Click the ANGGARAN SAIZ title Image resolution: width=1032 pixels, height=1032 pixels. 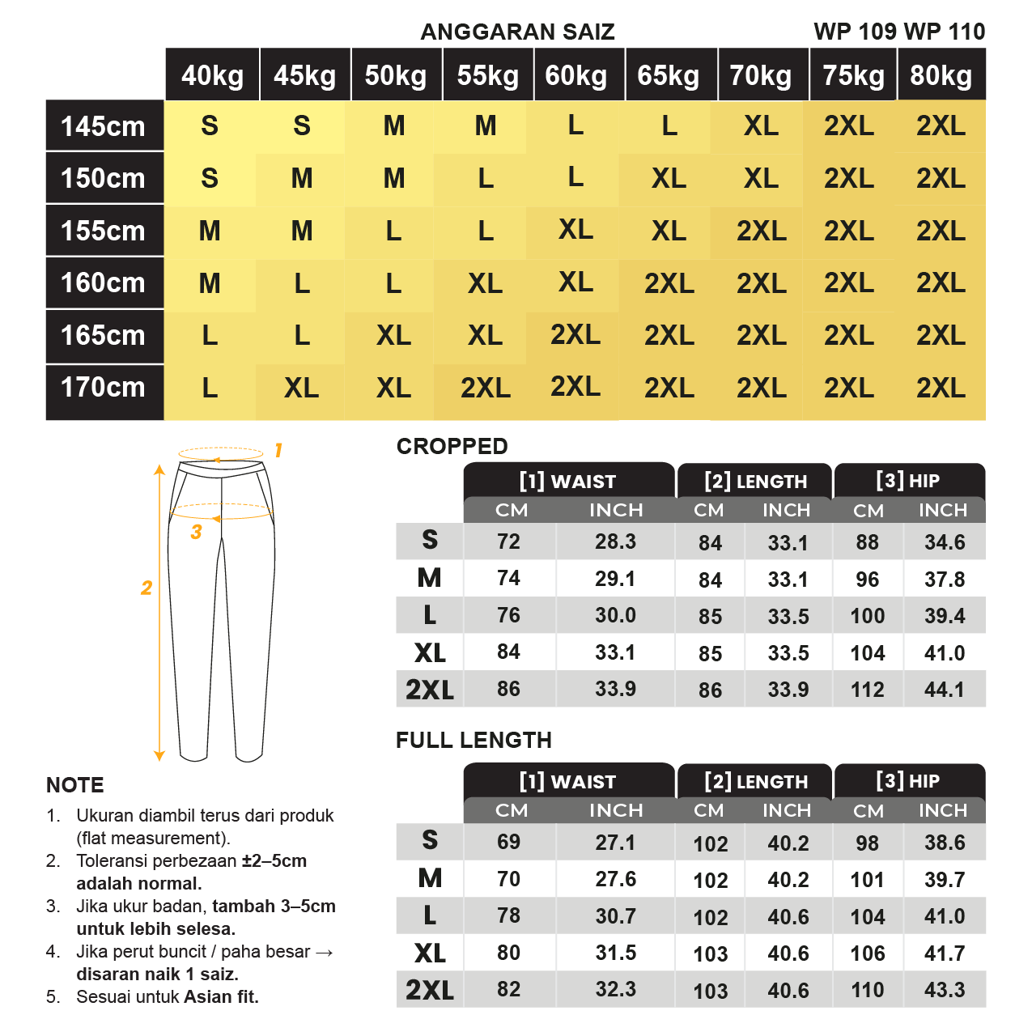[x=517, y=32]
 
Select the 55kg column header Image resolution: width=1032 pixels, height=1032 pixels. [x=487, y=75]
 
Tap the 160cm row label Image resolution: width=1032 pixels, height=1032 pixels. [x=103, y=283]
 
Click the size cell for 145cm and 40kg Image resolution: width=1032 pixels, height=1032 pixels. [x=210, y=126]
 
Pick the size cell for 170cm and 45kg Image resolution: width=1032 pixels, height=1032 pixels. [x=301, y=388]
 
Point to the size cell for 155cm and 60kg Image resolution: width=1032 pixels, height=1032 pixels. [x=575, y=230]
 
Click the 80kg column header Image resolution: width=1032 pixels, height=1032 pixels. [x=941, y=75]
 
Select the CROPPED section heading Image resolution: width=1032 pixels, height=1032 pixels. [x=452, y=446]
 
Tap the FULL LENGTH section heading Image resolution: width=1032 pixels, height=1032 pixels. [x=474, y=740]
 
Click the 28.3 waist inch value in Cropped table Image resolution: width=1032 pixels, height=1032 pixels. [x=615, y=541]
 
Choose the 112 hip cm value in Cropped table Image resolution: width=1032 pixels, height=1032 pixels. [x=867, y=690]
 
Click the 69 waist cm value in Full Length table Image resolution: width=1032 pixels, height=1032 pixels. [x=508, y=842]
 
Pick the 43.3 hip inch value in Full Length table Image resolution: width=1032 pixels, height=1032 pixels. [x=945, y=990]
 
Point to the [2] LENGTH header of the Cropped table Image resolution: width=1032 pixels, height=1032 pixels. [x=755, y=482]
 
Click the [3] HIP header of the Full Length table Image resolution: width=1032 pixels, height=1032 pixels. [x=907, y=781]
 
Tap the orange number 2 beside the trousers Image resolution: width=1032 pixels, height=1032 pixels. [x=147, y=588]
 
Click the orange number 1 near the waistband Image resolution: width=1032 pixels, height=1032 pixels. [x=278, y=450]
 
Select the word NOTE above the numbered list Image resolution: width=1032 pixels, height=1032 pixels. [x=75, y=785]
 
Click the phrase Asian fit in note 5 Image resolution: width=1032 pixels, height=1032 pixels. [x=221, y=997]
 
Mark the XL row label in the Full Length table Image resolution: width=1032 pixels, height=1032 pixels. [x=430, y=953]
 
